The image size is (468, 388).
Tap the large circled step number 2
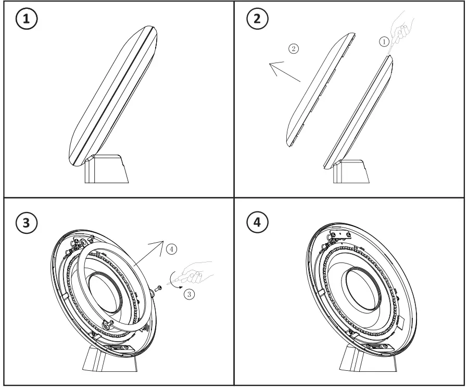point(257,20)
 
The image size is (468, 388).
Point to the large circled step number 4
point(257,222)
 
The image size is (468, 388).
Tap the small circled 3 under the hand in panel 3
point(190,294)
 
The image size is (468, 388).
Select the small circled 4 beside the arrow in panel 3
point(172,249)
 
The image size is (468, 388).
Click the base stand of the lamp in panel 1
point(107,168)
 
